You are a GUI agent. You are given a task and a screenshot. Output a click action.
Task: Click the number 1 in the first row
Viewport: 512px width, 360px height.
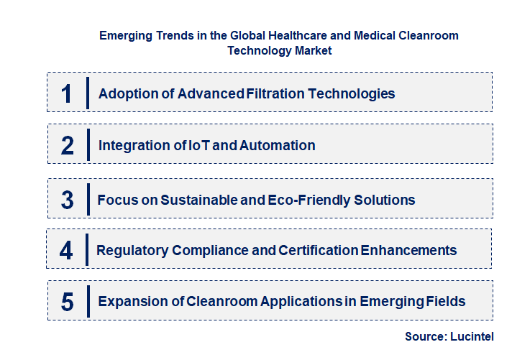(x=67, y=93)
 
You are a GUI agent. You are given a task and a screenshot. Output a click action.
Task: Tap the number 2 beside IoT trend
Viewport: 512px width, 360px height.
(x=68, y=146)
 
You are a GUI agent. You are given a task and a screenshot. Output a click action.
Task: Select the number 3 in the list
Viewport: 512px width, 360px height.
(x=67, y=200)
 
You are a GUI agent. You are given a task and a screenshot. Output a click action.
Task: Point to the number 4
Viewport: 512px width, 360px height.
(x=66, y=251)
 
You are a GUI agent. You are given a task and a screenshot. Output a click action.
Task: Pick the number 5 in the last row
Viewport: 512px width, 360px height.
(x=67, y=302)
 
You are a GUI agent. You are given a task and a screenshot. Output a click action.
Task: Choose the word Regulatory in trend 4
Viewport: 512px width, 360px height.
(x=132, y=250)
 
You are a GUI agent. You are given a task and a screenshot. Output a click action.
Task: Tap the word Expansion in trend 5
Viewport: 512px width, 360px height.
(x=132, y=301)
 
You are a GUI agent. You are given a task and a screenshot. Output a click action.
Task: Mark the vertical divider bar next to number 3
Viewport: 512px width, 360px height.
(x=87, y=198)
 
